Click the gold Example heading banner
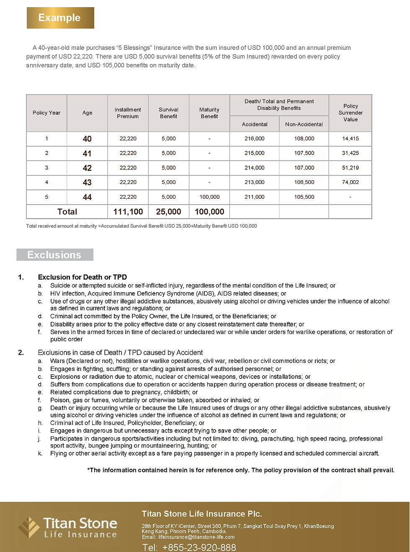tap(60, 18)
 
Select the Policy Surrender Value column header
tap(351, 113)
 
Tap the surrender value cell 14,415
tap(351, 139)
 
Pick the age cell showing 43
tap(87, 182)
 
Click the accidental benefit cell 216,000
tap(255, 139)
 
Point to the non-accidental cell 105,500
tap(304, 197)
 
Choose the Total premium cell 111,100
tap(128, 212)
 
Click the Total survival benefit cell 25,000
tap(168, 212)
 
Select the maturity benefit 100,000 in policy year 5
tap(209, 197)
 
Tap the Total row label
tap(67, 212)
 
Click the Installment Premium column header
tap(128, 113)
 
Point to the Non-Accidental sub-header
tap(304, 124)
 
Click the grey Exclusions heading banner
tap(54, 255)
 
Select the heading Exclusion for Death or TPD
tap(83, 277)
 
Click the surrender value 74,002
tap(351, 182)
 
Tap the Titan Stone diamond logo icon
tap(29, 527)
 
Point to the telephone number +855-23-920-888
tap(199, 547)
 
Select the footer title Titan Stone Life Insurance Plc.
tap(202, 514)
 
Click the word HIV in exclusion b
tap(55, 293)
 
